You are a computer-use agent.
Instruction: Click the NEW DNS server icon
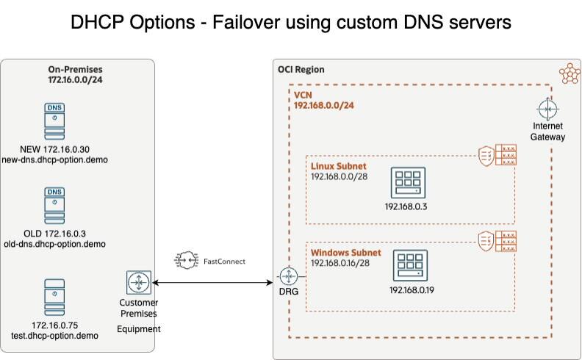pos(55,121)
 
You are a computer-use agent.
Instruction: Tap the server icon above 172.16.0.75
pos(55,297)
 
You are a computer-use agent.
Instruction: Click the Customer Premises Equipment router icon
pos(138,283)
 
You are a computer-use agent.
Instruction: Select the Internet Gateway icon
pos(547,109)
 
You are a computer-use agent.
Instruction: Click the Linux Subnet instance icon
pos(405,180)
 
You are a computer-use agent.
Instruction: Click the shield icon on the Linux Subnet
pos(485,155)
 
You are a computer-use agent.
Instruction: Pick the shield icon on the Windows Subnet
pos(485,240)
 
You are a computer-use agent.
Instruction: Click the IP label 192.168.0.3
pos(406,206)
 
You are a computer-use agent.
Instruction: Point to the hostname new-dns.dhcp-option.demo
pos(55,159)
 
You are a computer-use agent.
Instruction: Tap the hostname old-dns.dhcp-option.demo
pos(55,244)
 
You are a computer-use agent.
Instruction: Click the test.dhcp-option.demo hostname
pos(55,336)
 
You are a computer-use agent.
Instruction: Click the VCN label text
pos(303,96)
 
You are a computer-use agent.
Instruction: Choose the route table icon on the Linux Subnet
pos(506,155)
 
